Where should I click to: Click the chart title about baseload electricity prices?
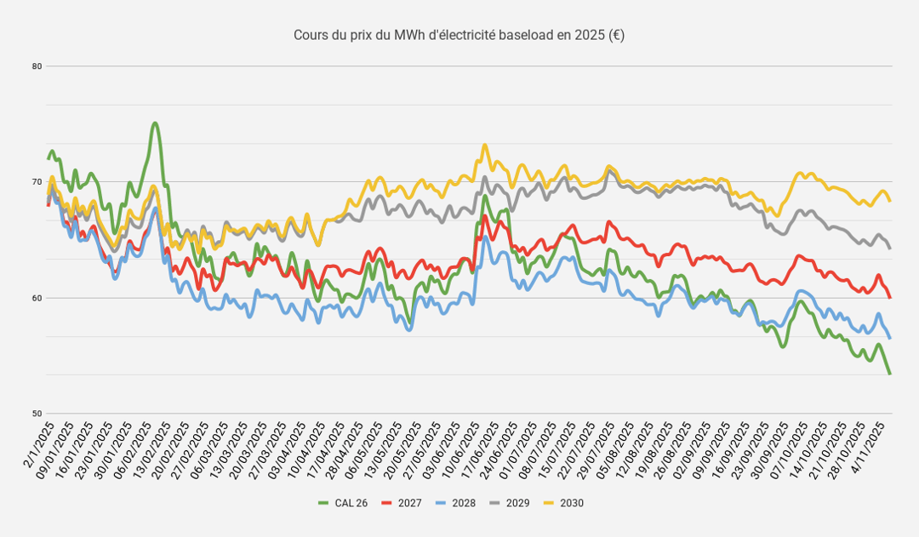tap(459, 35)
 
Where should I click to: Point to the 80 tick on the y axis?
tap(37, 66)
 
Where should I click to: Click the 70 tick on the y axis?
tap(37, 182)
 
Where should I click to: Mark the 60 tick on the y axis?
tap(37, 298)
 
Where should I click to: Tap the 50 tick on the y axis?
tap(37, 414)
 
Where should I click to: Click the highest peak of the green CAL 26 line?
tap(154, 123)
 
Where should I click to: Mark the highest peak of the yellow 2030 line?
tap(485, 145)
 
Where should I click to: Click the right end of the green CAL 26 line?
tap(889, 374)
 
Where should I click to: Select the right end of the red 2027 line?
tap(889, 297)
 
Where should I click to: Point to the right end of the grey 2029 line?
tap(889, 248)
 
